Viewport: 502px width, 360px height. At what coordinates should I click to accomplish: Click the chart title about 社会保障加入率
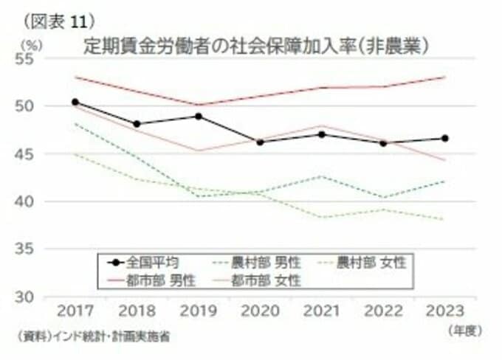coord(258,46)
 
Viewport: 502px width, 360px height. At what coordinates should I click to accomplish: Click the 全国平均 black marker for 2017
coord(75,102)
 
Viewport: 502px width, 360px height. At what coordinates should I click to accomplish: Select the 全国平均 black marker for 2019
coord(198,116)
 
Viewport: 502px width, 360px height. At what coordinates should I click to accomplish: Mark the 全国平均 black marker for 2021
coord(320,134)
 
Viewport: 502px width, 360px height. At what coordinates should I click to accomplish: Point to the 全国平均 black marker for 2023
coord(444,138)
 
